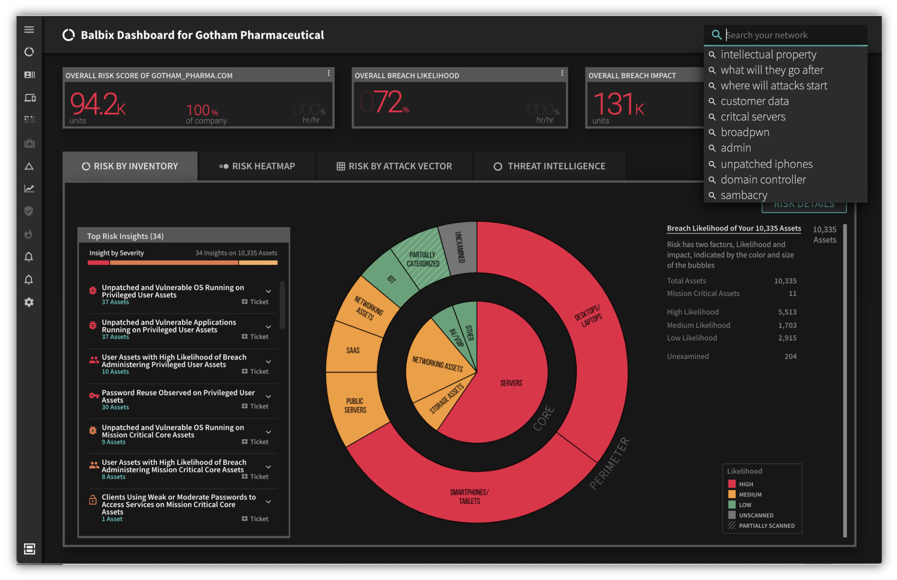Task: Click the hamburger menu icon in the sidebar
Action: coord(29,30)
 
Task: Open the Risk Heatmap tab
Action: coord(258,166)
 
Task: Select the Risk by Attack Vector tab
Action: coord(394,166)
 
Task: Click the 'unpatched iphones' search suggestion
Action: coord(766,164)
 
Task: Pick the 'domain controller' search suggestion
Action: coord(763,180)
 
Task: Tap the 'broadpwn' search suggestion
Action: coord(744,132)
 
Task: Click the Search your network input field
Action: coord(792,35)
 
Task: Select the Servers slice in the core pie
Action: coord(511,383)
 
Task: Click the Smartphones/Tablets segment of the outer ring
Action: coord(469,496)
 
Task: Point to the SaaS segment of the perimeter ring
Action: coord(352,350)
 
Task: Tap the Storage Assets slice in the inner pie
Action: coord(446,400)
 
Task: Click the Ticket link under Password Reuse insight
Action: coord(255,407)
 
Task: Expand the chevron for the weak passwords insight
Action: coord(268,502)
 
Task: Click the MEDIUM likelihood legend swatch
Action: coord(732,494)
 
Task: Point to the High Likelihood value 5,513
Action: coord(787,312)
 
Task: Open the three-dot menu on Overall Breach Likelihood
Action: coord(562,73)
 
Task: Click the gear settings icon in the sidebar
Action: coord(29,302)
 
